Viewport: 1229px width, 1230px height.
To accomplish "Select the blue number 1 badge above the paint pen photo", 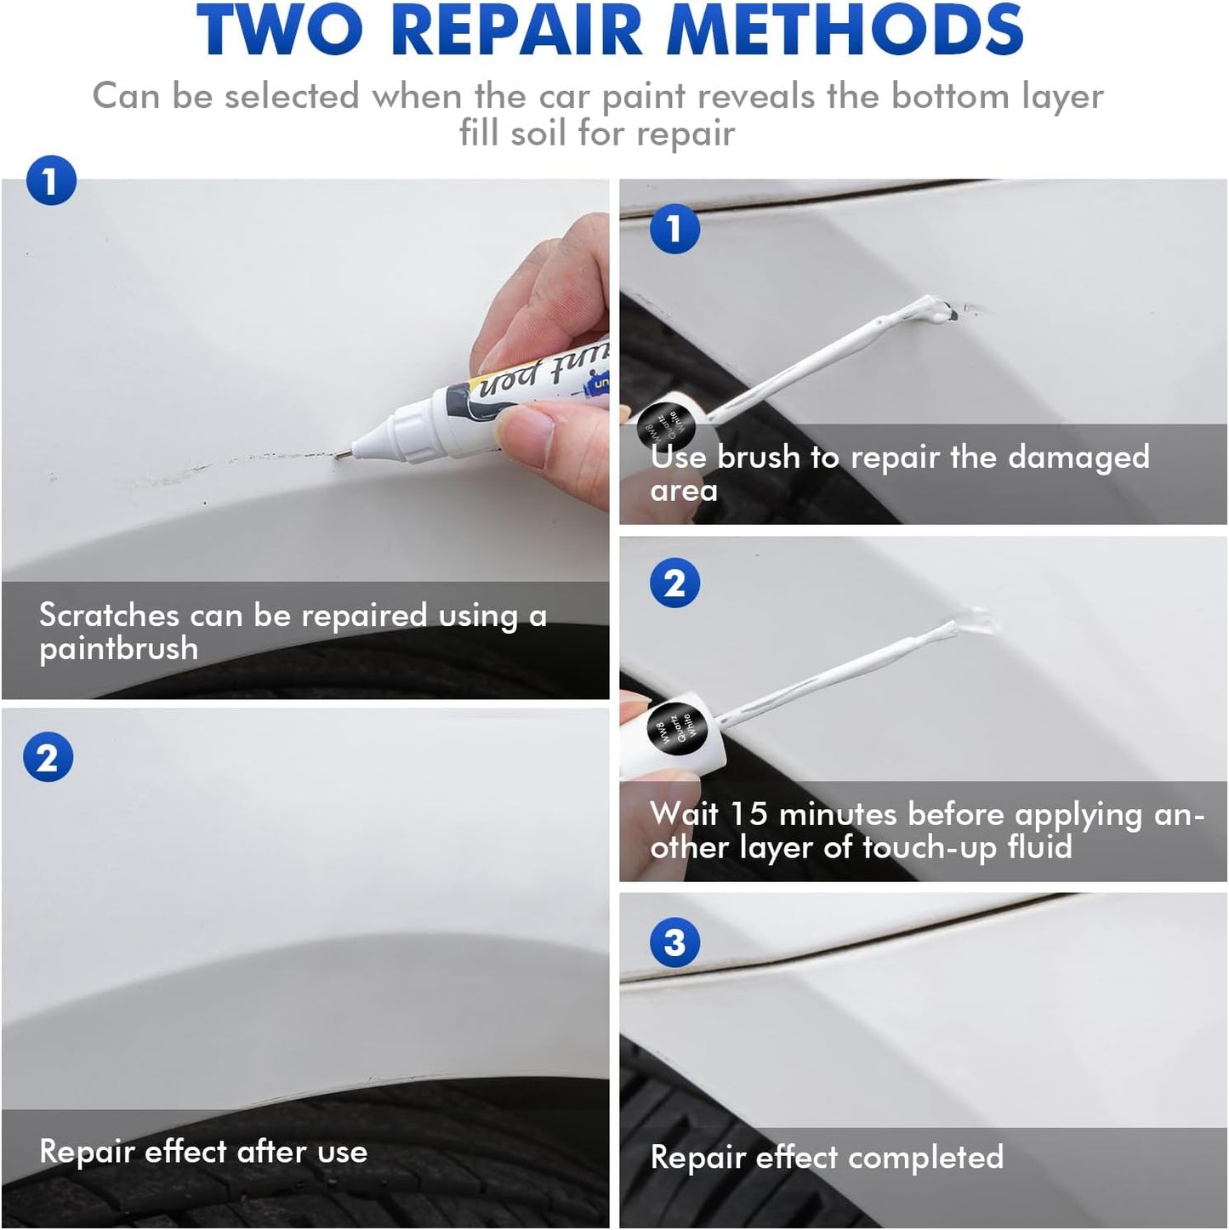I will click(51, 180).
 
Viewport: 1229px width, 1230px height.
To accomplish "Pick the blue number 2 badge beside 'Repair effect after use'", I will click(48, 757).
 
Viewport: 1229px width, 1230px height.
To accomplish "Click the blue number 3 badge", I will click(674, 942).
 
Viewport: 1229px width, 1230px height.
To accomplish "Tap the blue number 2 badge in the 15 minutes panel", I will click(674, 584).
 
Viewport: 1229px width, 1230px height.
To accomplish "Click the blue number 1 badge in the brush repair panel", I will click(674, 228).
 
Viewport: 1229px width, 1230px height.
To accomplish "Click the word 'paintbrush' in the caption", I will click(118, 650).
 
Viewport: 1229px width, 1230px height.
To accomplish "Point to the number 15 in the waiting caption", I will click(748, 814).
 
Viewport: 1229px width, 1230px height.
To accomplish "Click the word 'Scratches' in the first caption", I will click(109, 615).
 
